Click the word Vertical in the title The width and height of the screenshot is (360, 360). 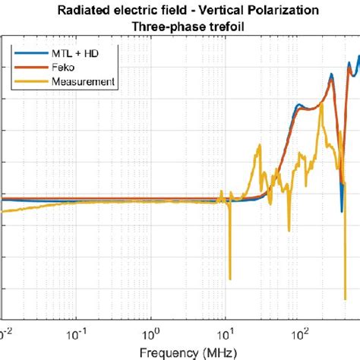(210, 9)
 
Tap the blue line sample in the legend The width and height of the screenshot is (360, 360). (24, 54)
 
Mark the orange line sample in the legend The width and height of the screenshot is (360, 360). (24, 68)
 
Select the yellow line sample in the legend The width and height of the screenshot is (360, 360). (24, 81)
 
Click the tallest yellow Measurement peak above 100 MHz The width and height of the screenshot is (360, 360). (323, 104)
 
